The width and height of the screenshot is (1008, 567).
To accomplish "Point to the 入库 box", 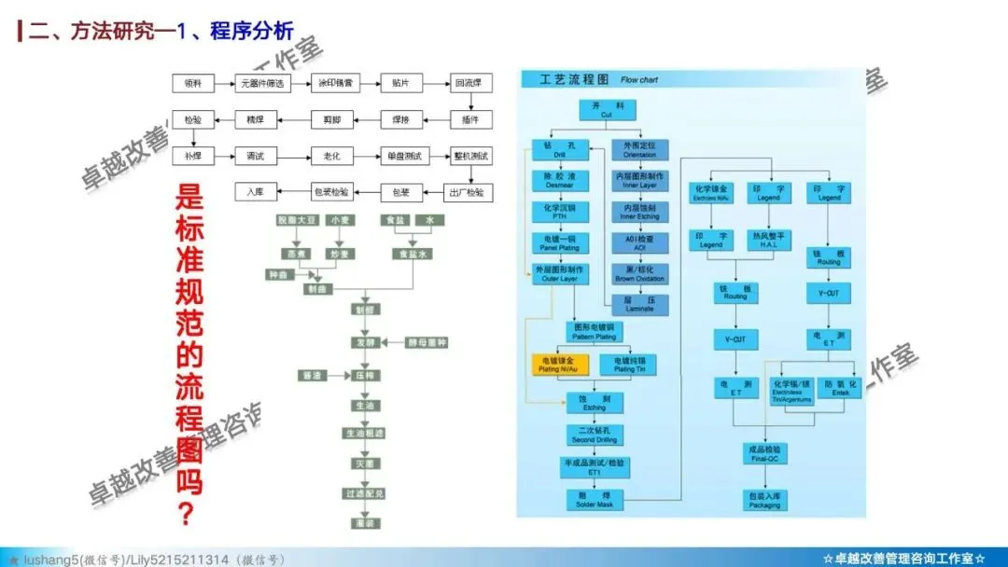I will click(x=256, y=192).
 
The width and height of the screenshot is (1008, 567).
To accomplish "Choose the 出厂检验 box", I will click(x=470, y=192).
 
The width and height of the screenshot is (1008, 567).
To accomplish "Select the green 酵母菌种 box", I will click(x=427, y=343).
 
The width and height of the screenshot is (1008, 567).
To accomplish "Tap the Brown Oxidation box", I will click(x=639, y=274).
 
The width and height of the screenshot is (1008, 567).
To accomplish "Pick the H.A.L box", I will click(x=768, y=241).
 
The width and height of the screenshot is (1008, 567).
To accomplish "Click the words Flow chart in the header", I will click(x=639, y=80).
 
